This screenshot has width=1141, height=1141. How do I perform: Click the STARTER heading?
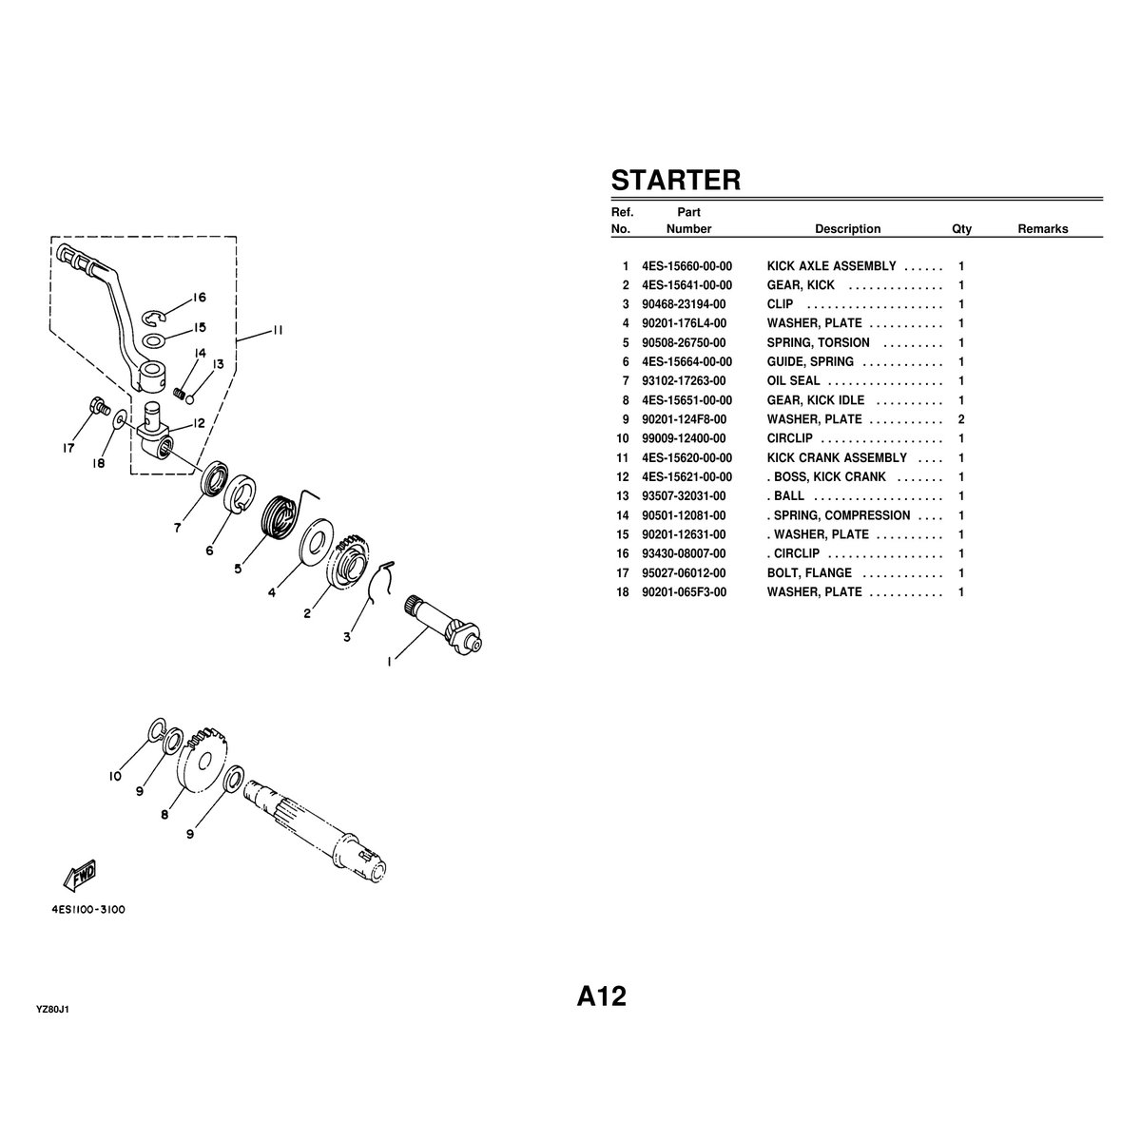(x=675, y=180)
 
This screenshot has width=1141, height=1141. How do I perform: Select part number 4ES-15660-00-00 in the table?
(x=687, y=266)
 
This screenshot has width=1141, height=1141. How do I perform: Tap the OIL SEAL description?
(x=793, y=381)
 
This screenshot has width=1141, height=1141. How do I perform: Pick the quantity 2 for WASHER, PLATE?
(x=961, y=419)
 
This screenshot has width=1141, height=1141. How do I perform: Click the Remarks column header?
(x=1042, y=229)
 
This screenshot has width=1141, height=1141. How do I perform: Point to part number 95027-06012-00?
(x=684, y=573)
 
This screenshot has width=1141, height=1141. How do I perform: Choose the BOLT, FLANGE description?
(x=809, y=573)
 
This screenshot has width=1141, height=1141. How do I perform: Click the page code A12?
(x=601, y=996)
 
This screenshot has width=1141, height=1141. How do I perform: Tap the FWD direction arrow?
(x=79, y=873)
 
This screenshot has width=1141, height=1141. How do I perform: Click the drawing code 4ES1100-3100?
(x=88, y=909)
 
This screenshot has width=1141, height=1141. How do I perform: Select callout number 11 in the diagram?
(x=275, y=332)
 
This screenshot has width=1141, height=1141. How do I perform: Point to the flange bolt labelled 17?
(x=97, y=408)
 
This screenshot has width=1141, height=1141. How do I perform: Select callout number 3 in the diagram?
(x=346, y=637)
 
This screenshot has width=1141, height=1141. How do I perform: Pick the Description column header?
(x=847, y=229)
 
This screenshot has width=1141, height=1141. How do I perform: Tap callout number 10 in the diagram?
(x=114, y=776)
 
